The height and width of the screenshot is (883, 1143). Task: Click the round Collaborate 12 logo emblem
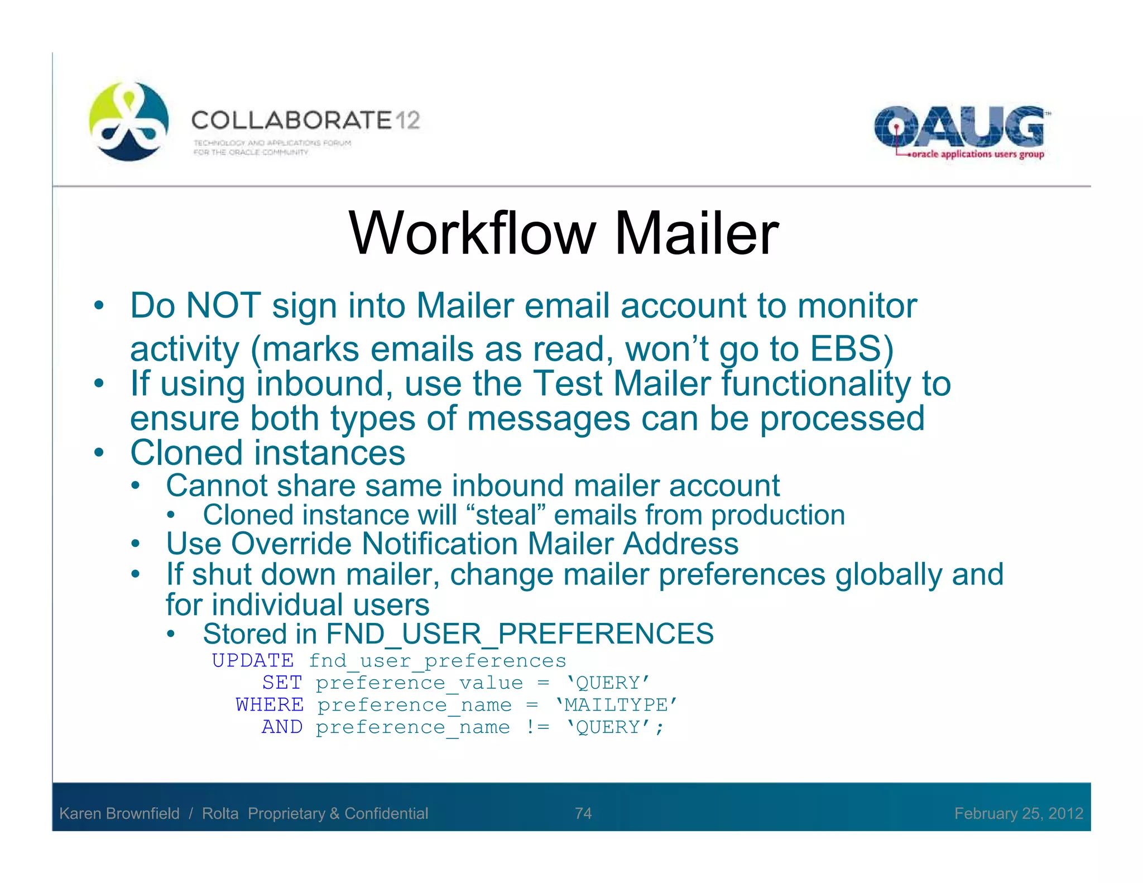128,121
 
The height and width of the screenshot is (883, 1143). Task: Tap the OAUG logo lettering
959,127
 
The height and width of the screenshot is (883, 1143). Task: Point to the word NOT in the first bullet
223,306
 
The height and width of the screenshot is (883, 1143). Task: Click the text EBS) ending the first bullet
852,349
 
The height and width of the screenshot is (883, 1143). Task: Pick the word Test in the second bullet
568,384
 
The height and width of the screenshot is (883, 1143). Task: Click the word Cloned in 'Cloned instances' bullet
186,453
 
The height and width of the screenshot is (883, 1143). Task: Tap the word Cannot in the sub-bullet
217,486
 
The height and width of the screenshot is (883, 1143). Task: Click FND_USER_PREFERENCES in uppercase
520,634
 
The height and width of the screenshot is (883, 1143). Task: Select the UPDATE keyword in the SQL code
252,661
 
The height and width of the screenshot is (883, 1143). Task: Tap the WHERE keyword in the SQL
270,705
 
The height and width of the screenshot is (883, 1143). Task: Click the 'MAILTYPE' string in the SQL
616,705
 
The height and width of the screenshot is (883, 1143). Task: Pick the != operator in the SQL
537,727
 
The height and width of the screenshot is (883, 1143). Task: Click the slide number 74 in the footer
583,813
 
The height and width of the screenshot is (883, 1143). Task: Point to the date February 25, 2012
1018,813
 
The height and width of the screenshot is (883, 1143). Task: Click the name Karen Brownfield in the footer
119,813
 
